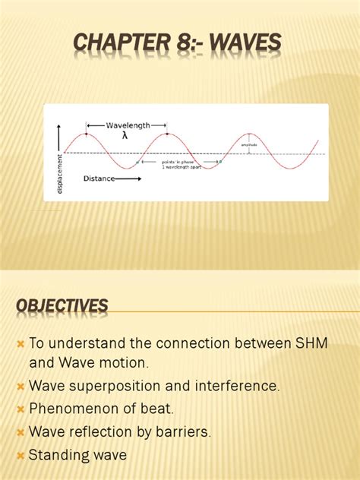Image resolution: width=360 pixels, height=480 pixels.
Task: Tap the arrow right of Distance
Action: pos(127,179)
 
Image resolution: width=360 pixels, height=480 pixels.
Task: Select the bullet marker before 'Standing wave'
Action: pos(21,456)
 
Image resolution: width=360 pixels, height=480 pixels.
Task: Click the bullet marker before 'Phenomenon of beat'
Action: pos(21,409)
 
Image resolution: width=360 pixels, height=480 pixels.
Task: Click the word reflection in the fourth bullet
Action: pos(96,432)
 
